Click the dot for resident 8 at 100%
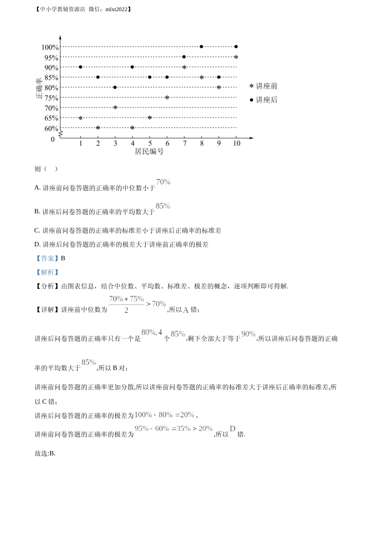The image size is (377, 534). pyautogui.click(x=202, y=47)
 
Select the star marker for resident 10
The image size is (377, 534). pyautogui.click(x=236, y=57)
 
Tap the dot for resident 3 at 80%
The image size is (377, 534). pyautogui.click(x=115, y=87)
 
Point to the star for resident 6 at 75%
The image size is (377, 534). pyautogui.click(x=167, y=97)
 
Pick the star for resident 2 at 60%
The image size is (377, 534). pyautogui.click(x=98, y=128)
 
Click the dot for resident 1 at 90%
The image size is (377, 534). pyautogui.click(x=81, y=67)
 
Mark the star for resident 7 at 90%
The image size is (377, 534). pyautogui.click(x=184, y=67)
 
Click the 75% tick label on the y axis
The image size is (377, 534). pyautogui.click(x=51, y=98)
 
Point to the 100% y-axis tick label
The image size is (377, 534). pyautogui.click(x=50, y=48)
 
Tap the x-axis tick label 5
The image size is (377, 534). pyautogui.click(x=150, y=143)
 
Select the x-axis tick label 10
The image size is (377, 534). pyautogui.click(x=237, y=143)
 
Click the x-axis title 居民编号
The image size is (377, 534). pyautogui.click(x=149, y=151)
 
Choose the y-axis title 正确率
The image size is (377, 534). pyautogui.click(x=39, y=88)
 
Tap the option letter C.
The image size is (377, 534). pyautogui.click(x=37, y=230)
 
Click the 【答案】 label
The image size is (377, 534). pyautogui.click(x=47, y=258)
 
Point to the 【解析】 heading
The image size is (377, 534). pyautogui.click(x=47, y=272)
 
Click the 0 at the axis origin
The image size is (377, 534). pyautogui.click(x=53, y=139)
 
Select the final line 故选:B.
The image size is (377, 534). pyautogui.click(x=45, y=453)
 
